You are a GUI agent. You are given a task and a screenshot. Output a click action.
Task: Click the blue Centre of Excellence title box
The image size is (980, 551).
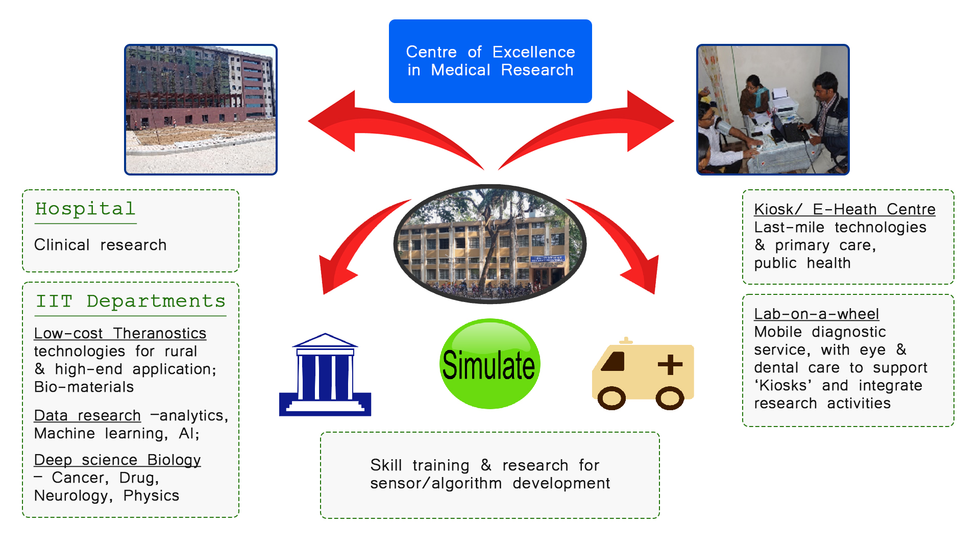490,61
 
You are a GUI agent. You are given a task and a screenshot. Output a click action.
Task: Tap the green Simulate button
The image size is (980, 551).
489,364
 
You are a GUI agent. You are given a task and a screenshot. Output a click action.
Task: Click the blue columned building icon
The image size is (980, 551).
325,374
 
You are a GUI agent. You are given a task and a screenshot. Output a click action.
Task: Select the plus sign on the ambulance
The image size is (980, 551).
670,365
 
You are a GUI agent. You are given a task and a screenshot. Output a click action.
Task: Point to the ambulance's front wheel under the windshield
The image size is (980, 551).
611,398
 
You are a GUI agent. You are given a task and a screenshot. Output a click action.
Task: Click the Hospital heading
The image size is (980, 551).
85,209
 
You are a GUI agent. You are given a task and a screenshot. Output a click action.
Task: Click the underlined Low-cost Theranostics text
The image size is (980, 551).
120,333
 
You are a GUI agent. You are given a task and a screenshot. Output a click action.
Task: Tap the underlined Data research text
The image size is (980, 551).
87,415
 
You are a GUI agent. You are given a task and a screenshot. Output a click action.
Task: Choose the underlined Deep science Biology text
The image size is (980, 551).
117,460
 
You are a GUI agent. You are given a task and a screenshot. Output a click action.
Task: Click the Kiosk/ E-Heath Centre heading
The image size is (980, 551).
845,209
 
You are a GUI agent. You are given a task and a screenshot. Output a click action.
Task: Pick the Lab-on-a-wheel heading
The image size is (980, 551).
817,314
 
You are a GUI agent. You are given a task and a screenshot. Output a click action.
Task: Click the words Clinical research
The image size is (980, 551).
101,245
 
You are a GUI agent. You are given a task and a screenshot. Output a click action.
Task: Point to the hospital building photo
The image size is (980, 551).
201,110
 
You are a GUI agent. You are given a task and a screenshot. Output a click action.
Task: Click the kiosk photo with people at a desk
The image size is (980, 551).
773,110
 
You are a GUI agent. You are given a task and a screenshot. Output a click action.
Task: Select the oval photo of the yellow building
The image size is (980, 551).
490,244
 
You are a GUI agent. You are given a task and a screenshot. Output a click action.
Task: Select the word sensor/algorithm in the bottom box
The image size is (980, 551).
436,483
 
